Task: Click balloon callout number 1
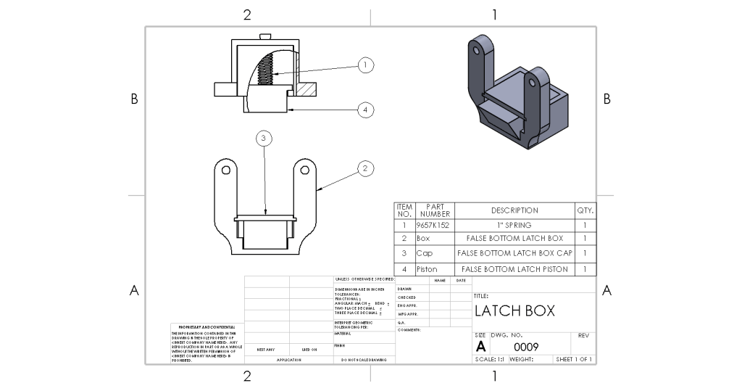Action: [x=366, y=65]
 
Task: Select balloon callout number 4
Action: [x=366, y=110]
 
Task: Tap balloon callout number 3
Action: [x=265, y=138]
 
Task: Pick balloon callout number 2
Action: [x=366, y=169]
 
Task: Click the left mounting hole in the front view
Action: [x=226, y=170]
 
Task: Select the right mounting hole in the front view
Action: [x=305, y=170]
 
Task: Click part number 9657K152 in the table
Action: [x=433, y=226]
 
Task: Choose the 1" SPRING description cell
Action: [x=514, y=226]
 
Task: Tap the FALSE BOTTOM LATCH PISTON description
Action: [x=514, y=269]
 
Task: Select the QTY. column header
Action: [x=585, y=210]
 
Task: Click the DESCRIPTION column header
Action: [x=514, y=210]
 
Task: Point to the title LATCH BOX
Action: [x=514, y=311]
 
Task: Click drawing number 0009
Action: [x=526, y=347]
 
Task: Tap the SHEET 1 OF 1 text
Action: [x=574, y=359]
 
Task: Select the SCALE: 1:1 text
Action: [x=490, y=359]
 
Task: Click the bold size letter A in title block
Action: [x=480, y=347]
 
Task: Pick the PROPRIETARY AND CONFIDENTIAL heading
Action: [x=202, y=327]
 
